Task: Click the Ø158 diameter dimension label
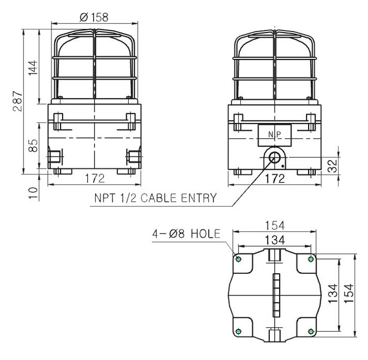[94, 17]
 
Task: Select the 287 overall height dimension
[18, 101]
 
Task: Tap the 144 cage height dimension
[33, 68]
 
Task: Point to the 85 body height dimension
[33, 146]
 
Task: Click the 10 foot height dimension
[33, 193]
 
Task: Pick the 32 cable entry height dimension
[332, 166]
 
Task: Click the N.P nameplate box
[274, 136]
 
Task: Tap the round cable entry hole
[274, 157]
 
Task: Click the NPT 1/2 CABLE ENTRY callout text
[155, 198]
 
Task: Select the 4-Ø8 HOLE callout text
[186, 233]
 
